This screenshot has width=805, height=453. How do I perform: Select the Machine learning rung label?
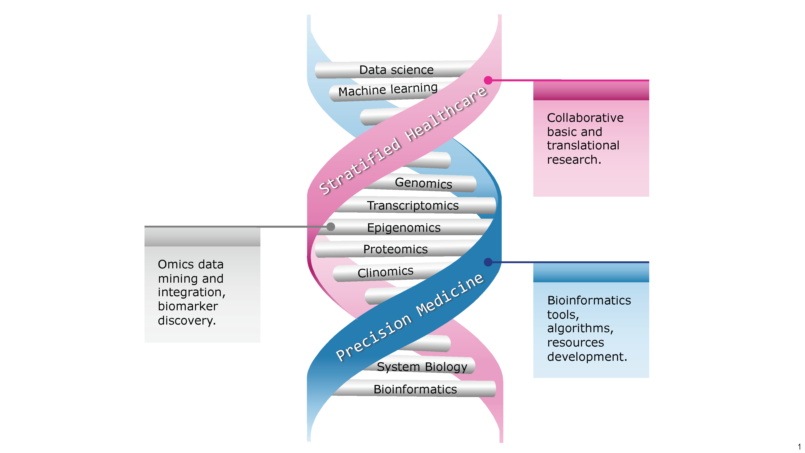(388, 90)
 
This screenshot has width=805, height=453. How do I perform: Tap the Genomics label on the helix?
(423, 183)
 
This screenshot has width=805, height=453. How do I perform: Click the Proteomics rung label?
(395, 249)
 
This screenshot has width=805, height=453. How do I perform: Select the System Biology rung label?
(422, 367)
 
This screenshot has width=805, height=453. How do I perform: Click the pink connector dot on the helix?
(488, 80)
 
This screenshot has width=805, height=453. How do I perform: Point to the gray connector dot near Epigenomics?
(331, 227)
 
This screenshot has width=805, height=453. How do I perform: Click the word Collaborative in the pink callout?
(585, 118)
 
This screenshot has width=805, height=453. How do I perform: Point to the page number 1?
(799, 446)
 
